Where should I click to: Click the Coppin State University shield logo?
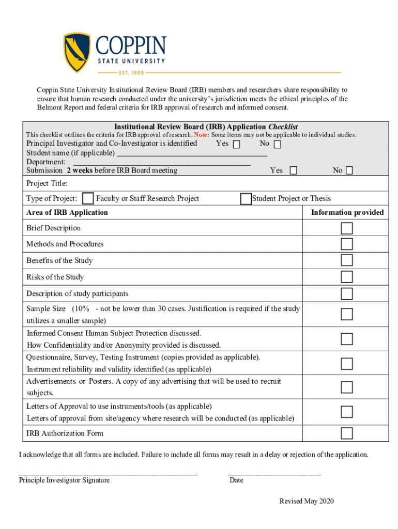77,52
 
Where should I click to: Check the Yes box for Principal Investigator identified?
236,145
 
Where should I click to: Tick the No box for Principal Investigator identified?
277,145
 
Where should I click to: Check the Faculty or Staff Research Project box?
88,199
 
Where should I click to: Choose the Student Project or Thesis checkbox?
246,199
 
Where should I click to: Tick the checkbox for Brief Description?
346,228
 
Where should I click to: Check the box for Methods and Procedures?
346,244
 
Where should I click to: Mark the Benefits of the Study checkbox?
346,260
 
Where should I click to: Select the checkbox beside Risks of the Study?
346,277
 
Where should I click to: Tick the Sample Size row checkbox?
346,314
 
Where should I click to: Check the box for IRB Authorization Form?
346,433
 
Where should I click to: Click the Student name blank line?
192,154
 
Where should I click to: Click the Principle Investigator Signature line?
108,472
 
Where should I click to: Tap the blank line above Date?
274,472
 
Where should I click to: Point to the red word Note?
201,135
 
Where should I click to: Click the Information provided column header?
347,212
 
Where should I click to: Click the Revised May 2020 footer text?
307,502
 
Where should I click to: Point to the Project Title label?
47,184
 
